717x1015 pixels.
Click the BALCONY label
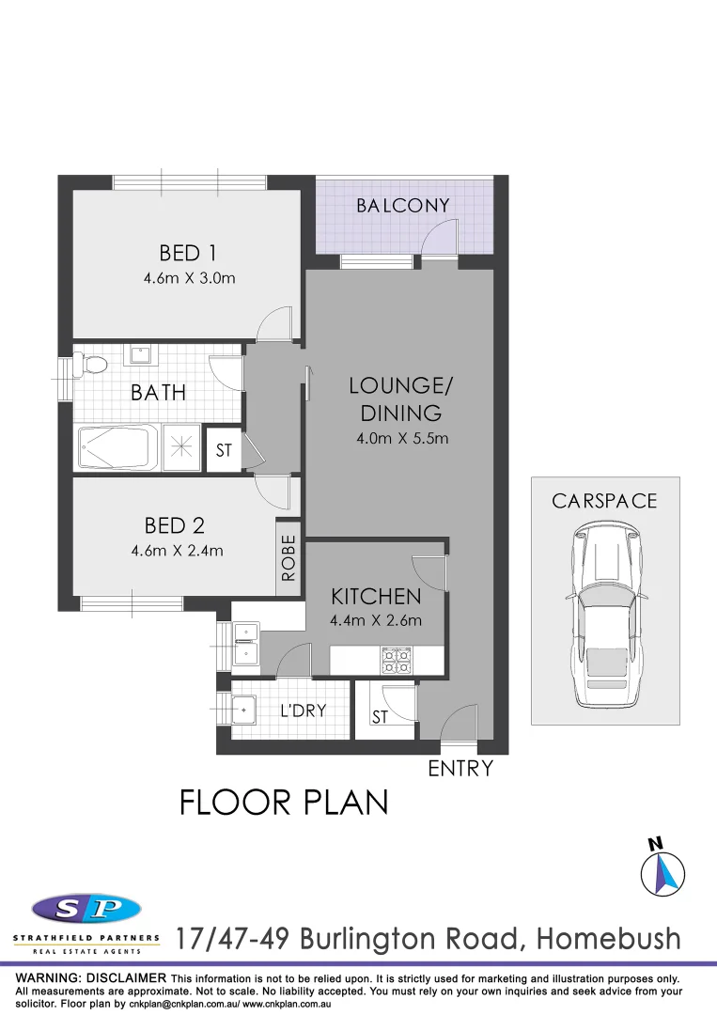(x=402, y=206)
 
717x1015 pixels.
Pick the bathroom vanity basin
(x=141, y=355)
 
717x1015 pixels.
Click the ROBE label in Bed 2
(x=288, y=557)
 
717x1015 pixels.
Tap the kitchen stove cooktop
(x=395, y=661)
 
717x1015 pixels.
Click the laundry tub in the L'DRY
(x=244, y=709)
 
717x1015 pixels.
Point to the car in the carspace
(x=604, y=617)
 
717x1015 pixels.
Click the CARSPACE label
(x=604, y=501)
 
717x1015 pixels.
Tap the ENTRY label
(x=460, y=769)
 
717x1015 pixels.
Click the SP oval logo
(x=86, y=909)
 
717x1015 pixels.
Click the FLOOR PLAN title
(x=284, y=803)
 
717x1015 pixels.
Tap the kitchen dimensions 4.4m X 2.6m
(x=376, y=620)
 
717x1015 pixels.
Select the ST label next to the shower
(x=224, y=451)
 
